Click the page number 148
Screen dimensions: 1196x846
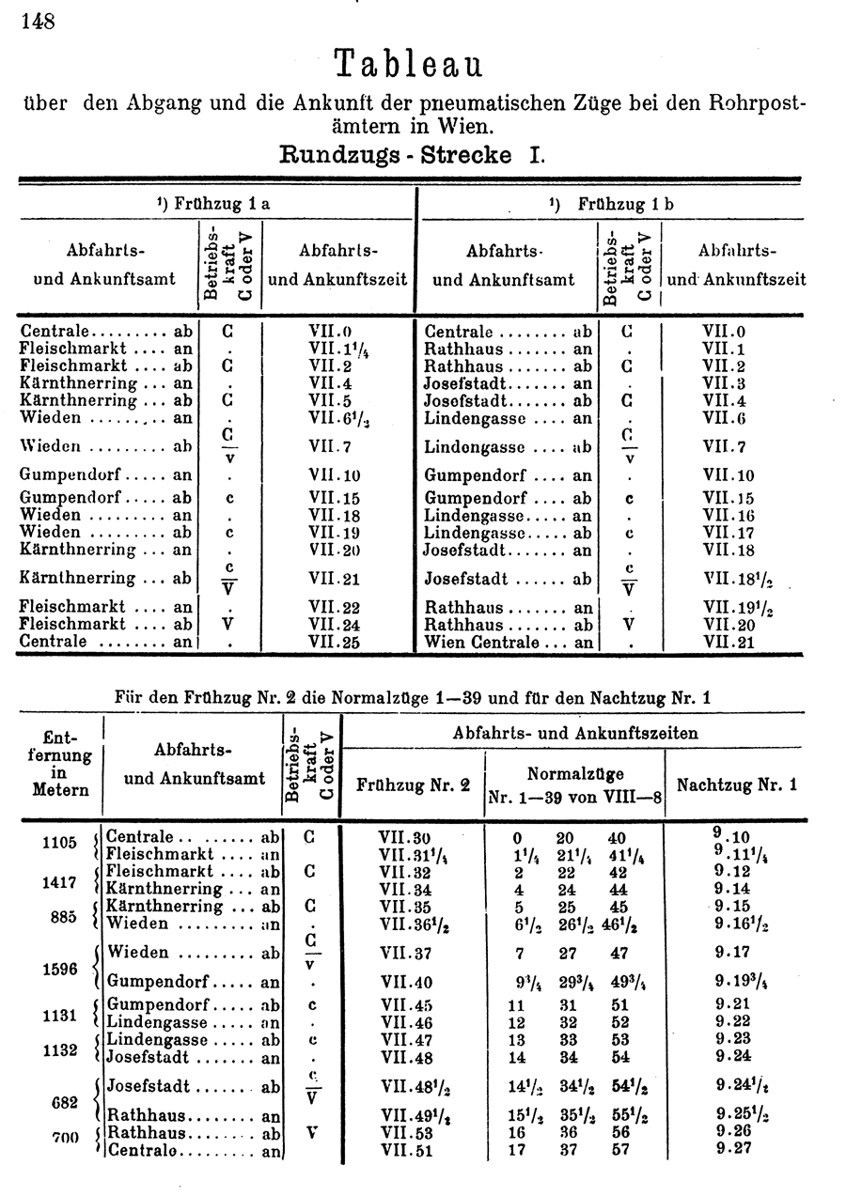point(39,20)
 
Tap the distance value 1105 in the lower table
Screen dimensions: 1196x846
point(58,842)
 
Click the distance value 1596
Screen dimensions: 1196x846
point(58,969)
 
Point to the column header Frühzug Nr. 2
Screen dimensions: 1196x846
point(414,785)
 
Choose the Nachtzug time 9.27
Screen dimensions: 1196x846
point(732,1148)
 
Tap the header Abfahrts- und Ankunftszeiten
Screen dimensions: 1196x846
point(575,733)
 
